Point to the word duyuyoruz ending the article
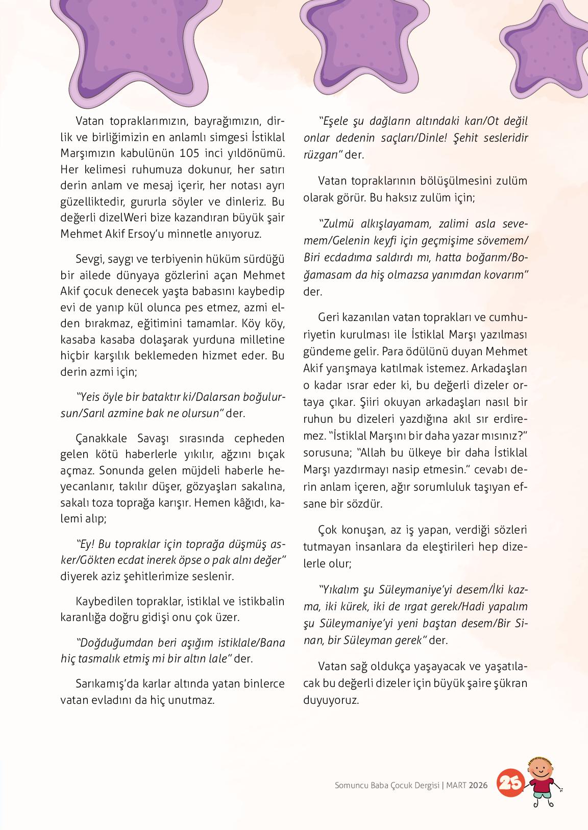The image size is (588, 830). pos(331,700)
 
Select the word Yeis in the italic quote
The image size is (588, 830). pos(87,397)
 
